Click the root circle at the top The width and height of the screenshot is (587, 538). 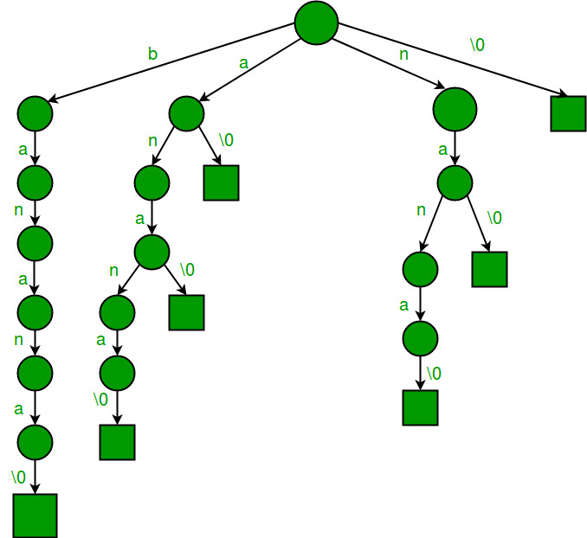(315, 23)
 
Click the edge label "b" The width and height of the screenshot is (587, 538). (152, 54)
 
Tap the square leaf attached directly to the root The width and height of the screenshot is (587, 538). (568, 113)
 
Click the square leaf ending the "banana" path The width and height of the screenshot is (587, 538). (35, 516)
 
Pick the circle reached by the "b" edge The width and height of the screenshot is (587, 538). (35, 113)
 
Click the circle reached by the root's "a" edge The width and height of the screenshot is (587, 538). (186, 113)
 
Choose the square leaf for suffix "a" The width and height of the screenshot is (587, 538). (221, 183)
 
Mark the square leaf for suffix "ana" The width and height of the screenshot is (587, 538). (186, 312)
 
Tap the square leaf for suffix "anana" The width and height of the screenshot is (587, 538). (117, 442)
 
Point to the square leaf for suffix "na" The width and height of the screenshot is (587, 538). (489, 269)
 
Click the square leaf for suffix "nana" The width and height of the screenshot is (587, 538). (420, 407)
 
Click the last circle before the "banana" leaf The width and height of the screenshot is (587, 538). (35, 442)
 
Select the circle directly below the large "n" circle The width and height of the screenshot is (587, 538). (455, 183)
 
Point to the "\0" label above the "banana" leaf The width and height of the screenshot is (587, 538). (18, 477)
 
